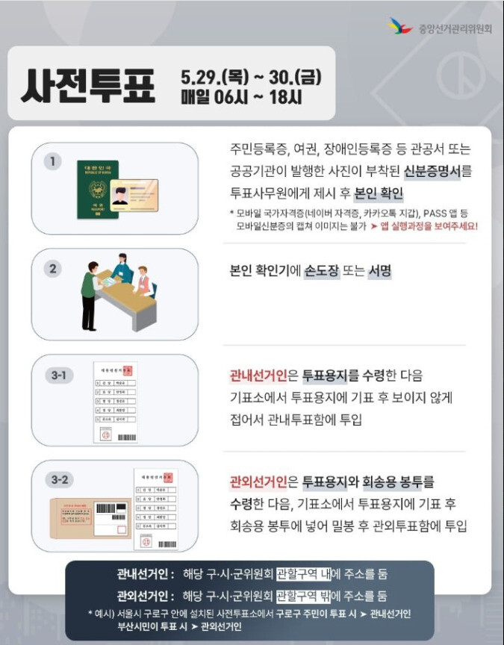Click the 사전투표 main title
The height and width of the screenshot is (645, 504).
88,87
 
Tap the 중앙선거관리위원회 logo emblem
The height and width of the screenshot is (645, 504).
400,28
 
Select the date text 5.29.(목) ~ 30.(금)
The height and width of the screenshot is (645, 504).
251,76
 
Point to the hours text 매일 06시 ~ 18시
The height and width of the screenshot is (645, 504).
240,98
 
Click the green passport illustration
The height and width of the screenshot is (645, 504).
98,190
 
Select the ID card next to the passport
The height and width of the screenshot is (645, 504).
134,196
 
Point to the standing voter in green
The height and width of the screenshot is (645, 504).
90,293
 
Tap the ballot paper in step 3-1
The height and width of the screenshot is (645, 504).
116,402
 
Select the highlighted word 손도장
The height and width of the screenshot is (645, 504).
319,272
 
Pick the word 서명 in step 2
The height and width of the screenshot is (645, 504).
379,272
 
